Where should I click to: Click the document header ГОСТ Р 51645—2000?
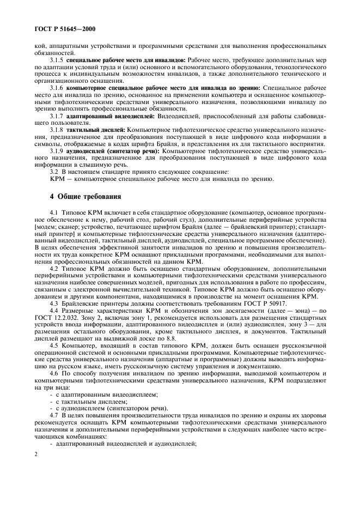point(64,28)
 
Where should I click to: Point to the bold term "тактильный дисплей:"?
point(90,130)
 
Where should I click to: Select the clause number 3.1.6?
point(57,88)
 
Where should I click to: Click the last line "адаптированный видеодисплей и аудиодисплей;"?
point(125,445)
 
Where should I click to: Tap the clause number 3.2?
point(54,172)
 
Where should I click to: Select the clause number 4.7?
point(54,416)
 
